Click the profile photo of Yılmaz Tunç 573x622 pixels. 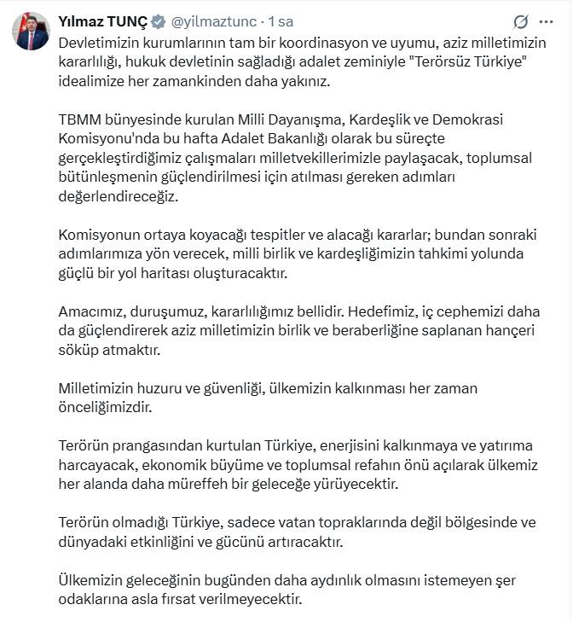point(30,32)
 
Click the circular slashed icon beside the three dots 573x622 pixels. point(520,21)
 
